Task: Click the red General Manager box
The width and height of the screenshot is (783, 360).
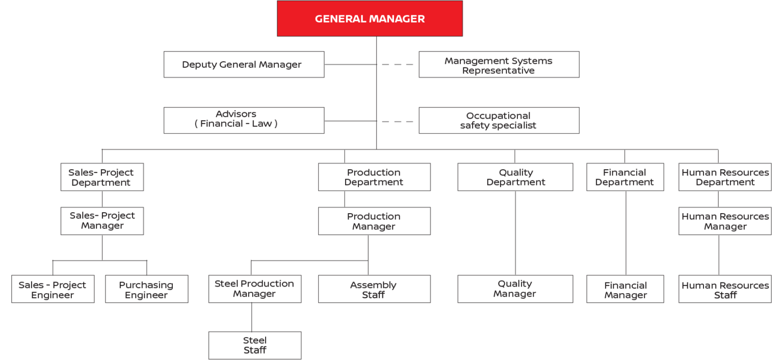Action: (370, 19)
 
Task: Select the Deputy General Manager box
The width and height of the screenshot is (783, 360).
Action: (244, 64)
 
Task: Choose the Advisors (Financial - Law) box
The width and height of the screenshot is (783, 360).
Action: (244, 120)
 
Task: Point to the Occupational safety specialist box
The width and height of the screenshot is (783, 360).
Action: (499, 120)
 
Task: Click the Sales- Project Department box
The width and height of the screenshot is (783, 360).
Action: (102, 177)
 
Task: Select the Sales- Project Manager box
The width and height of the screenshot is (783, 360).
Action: (102, 221)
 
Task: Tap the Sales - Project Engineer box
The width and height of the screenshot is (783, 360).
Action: (53, 289)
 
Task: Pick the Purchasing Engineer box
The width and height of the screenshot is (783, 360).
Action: (146, 289)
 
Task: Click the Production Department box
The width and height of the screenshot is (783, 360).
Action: (374, 177)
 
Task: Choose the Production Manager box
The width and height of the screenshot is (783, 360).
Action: (374, 221)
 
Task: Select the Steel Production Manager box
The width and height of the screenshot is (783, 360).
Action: (254, 289)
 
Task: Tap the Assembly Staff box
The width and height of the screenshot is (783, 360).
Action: (374, 289)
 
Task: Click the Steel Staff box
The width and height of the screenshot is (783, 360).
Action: (254, 345)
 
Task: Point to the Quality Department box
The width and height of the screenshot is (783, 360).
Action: (515, 177)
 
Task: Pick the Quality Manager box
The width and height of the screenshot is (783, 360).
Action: (515, 289)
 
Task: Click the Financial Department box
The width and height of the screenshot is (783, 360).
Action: (625, 177)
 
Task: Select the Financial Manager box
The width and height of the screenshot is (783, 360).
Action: (625, 289)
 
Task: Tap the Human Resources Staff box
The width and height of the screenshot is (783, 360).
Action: (724, 289)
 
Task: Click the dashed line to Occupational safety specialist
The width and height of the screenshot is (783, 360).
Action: (398, 121)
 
